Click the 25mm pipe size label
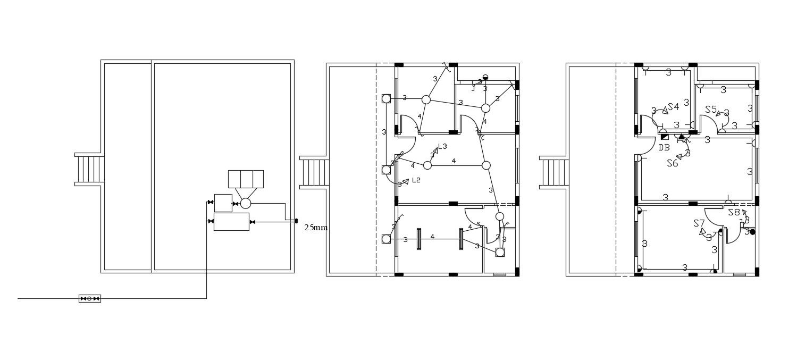(x=316, y=228)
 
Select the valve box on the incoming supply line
(x=90, y=298)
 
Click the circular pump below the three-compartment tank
(x=246, y=203)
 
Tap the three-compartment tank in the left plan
(x=246, y=179)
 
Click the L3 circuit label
(x=442, y=147)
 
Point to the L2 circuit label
(x=416, y=180)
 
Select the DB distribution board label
(x=664, y=147)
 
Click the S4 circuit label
(x=674, y=107)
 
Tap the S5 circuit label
(x=711, y=110)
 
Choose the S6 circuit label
(x=673, y=163)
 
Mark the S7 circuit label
(x=699, y=223)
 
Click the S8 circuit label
(x=734, y=212)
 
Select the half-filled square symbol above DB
(x=665, y=137)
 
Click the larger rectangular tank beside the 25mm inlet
(x=231, y=221)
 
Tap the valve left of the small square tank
(x=211, y=203)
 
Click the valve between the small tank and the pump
(x=235, y=203)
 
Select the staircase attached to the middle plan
(x=314, y=172)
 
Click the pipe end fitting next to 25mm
(x=296, y=220)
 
